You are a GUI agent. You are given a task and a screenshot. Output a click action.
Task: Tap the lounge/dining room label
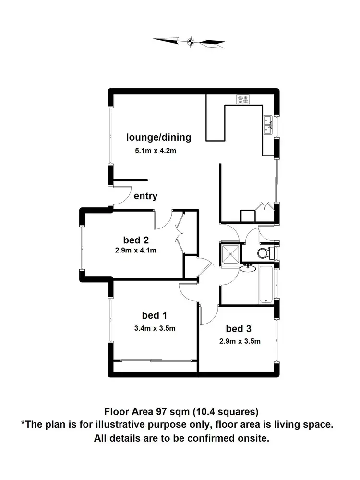(158, 137)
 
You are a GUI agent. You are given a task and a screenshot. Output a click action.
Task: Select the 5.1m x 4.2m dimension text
(156, 151)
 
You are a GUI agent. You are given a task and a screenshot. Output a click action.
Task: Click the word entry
(145, 196)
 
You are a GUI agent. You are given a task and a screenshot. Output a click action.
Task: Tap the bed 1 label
(154, 315)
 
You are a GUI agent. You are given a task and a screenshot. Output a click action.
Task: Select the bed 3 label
(239, 329)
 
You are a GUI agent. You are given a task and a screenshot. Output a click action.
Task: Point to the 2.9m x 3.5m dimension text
(240, 341)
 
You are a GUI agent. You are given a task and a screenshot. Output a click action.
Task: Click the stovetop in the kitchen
(242, 99)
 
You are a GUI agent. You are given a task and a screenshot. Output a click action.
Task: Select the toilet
(264, 252)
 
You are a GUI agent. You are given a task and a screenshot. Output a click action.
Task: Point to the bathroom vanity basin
(248, 268)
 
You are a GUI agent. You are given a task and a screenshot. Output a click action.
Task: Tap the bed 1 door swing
(187, 292)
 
